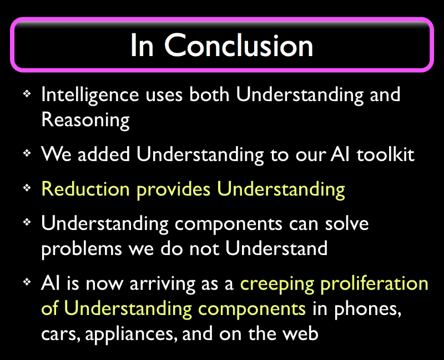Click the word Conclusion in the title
click(239, 46)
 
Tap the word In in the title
click(142, 46)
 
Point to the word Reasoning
click(85, 120)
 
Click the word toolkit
click(385, 154)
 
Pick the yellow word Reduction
click(85, 188)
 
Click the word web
click(301, 333)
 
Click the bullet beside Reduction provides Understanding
click(27, 188)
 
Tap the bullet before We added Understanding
click(27, 153)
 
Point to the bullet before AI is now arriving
click(27, 282)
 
